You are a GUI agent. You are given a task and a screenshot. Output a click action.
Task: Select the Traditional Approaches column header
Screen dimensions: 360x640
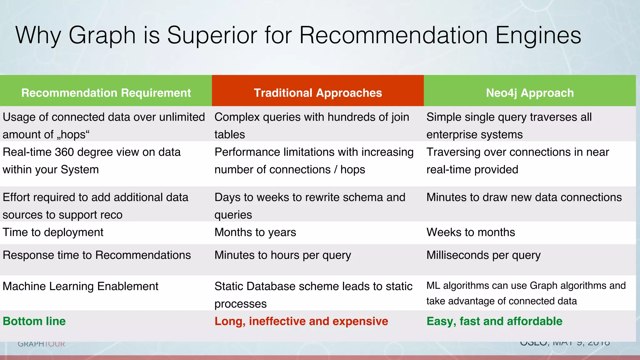(x=317, y=93)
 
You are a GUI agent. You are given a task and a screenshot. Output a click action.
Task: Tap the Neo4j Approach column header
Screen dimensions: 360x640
(x=530, y=93)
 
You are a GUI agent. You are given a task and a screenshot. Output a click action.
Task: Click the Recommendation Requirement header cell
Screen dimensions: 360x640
(x=106, y=93)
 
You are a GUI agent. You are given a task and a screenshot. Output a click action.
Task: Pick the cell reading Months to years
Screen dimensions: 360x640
(x=255, y=232)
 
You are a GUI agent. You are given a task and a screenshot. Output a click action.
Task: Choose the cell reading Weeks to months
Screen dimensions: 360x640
(x=471, y=232)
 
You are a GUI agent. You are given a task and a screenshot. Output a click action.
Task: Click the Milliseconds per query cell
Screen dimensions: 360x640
(x=483, y=255)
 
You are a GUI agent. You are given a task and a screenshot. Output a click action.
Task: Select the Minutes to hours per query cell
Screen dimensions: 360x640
(x=283, y=255)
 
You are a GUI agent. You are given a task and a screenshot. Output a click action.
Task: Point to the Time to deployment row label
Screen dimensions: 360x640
(x=53, y=232)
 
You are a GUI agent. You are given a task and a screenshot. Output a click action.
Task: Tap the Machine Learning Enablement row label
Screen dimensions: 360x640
(x=81, y=286)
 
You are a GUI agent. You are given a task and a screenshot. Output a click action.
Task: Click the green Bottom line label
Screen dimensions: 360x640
(x=34, y=321)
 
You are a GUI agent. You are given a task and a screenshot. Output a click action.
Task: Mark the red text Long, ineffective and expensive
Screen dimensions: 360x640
(x=301, y=321)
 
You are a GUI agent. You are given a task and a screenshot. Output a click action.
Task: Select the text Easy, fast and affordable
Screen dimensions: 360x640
(x=494, y=321)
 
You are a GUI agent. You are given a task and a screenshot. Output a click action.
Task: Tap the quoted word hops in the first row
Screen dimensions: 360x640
(x=73, y=135)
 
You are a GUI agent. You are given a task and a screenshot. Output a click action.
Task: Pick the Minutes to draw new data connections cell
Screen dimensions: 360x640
(x=524, y=197)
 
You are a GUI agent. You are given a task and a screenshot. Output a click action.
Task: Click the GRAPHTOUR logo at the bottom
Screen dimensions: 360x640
(x=41, y=344)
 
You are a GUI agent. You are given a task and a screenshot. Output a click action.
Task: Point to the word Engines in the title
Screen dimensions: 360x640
(x=538, y=35)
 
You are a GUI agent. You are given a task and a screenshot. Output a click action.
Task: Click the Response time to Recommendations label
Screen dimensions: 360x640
(x=97, y=255)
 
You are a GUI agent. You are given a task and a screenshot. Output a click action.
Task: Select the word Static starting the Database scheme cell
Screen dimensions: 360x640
(x=229, y=286)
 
